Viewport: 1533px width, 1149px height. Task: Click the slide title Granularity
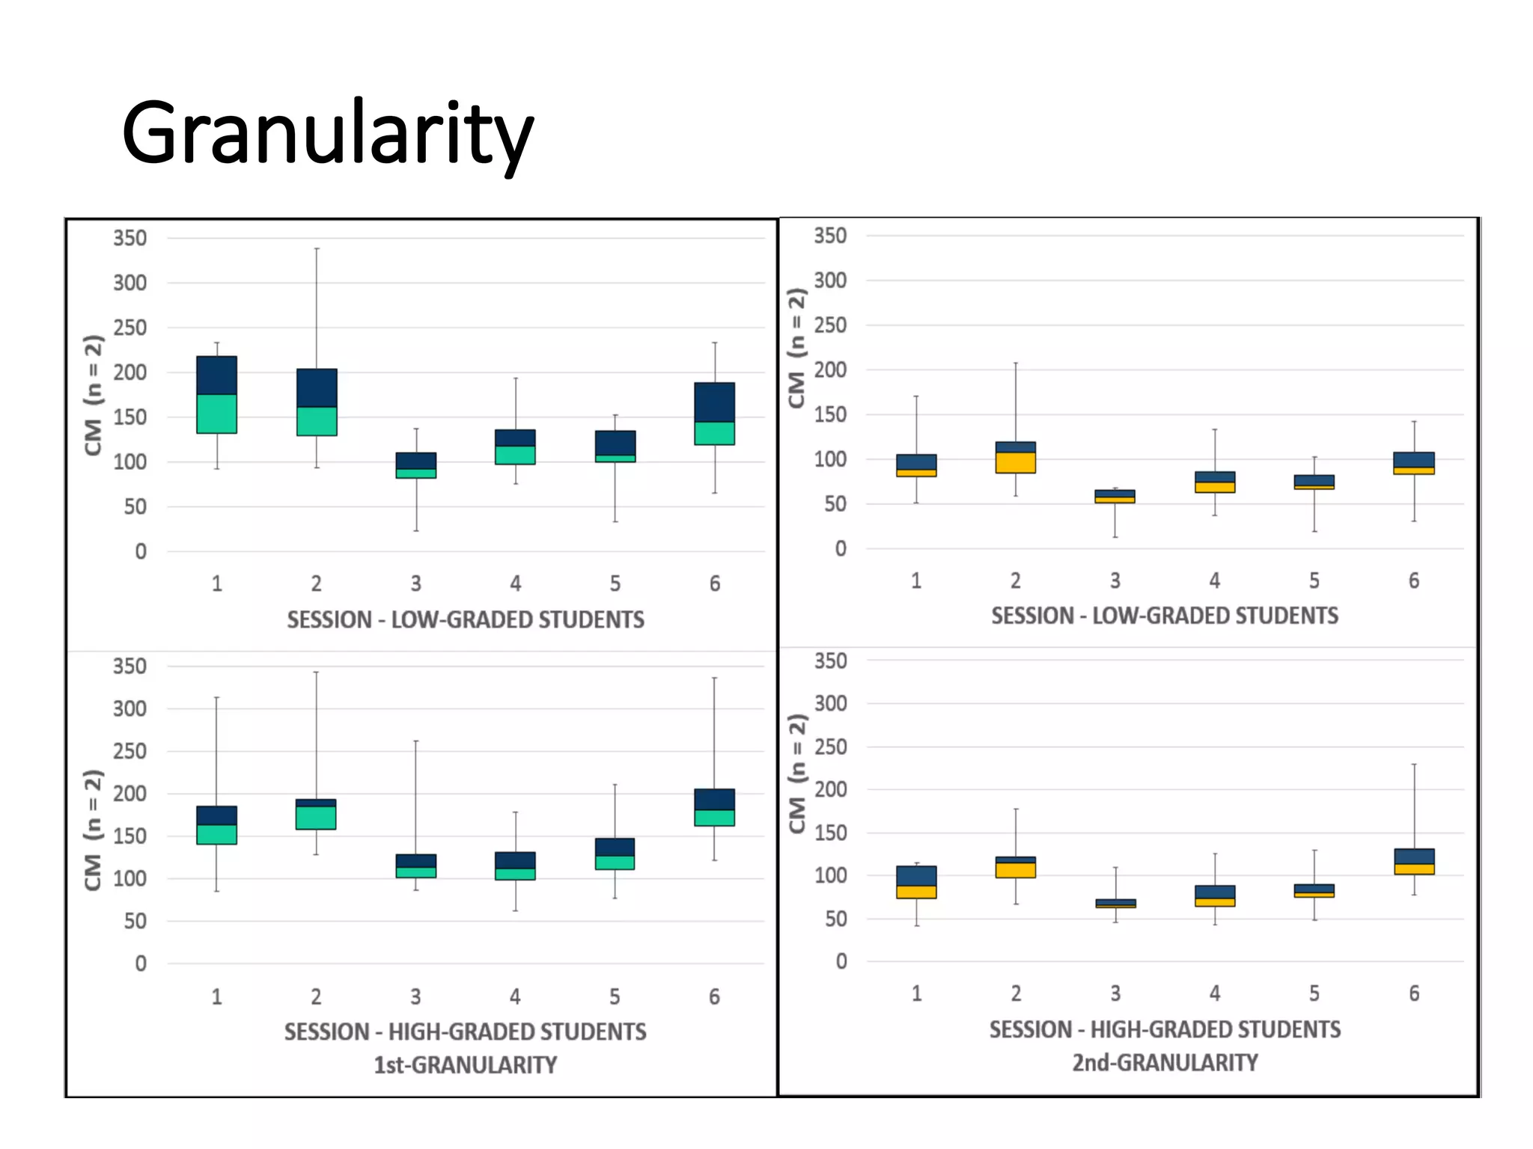tap(327, 133)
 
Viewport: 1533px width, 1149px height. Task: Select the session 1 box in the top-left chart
tap(217, 395)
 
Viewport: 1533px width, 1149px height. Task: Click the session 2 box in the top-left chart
tap(317, 402)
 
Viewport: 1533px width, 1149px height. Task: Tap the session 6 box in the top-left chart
tap(715, 414)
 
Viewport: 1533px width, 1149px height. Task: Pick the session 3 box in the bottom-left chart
tap(416, 866)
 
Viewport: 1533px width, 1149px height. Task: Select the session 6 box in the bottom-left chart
tap(715, 808)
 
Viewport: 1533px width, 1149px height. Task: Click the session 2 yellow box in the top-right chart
tap(1016, 462)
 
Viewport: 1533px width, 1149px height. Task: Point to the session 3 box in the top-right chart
tap(1115, 497)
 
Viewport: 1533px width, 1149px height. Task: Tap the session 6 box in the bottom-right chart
tap(1414, 862)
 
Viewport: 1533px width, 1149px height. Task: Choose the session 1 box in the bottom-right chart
tap(916, 883)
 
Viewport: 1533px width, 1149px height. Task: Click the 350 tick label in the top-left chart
tap(129, 238)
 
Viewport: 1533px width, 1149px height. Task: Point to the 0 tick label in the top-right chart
tap(841, 549)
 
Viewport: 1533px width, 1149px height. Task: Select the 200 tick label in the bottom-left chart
tap(129, 794)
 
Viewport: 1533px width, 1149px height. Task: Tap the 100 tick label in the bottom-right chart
tap(830, 875)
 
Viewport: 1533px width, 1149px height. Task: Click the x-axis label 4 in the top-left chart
tap(516, 583)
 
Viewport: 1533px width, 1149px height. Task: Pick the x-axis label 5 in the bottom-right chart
tap(1314, 993)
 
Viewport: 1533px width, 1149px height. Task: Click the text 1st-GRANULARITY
tap(465, 1064)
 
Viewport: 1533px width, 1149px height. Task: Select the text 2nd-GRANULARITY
tap(1165, 1062)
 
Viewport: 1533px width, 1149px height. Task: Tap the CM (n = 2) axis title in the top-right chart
tap(797, 349)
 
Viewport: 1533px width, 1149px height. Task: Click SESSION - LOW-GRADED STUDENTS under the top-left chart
tap(465, 619)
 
